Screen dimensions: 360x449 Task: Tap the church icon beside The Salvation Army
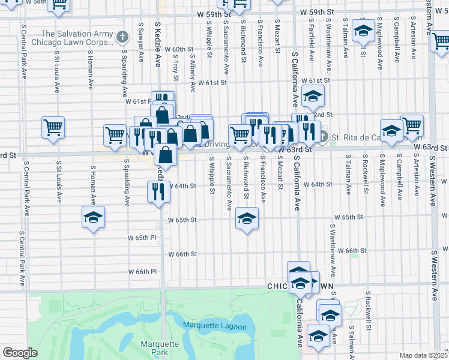pos(123,38)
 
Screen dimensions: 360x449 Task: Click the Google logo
pos(20,353)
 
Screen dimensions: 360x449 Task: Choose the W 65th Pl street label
pos(142,238)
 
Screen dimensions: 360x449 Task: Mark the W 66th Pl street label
pos(142,271)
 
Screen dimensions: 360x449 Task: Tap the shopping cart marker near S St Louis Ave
pos(53,128)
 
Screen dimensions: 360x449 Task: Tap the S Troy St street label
pos(175,67)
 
